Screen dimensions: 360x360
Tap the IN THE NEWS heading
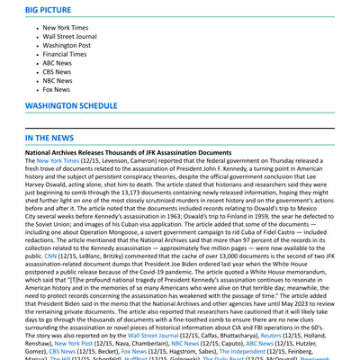[x=49, y=138]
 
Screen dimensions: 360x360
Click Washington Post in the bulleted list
[x=67, y=44]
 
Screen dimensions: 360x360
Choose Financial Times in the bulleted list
[x=66, y=55]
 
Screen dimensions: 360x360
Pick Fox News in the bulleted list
[x=56, y=90]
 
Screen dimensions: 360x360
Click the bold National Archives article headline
[x=128, y=154]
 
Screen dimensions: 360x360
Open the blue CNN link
[x=50, y=256]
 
